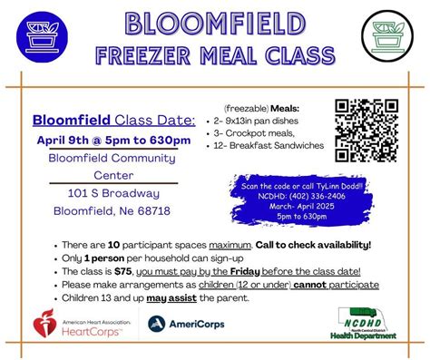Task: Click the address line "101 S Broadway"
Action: [x=113, y=192]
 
